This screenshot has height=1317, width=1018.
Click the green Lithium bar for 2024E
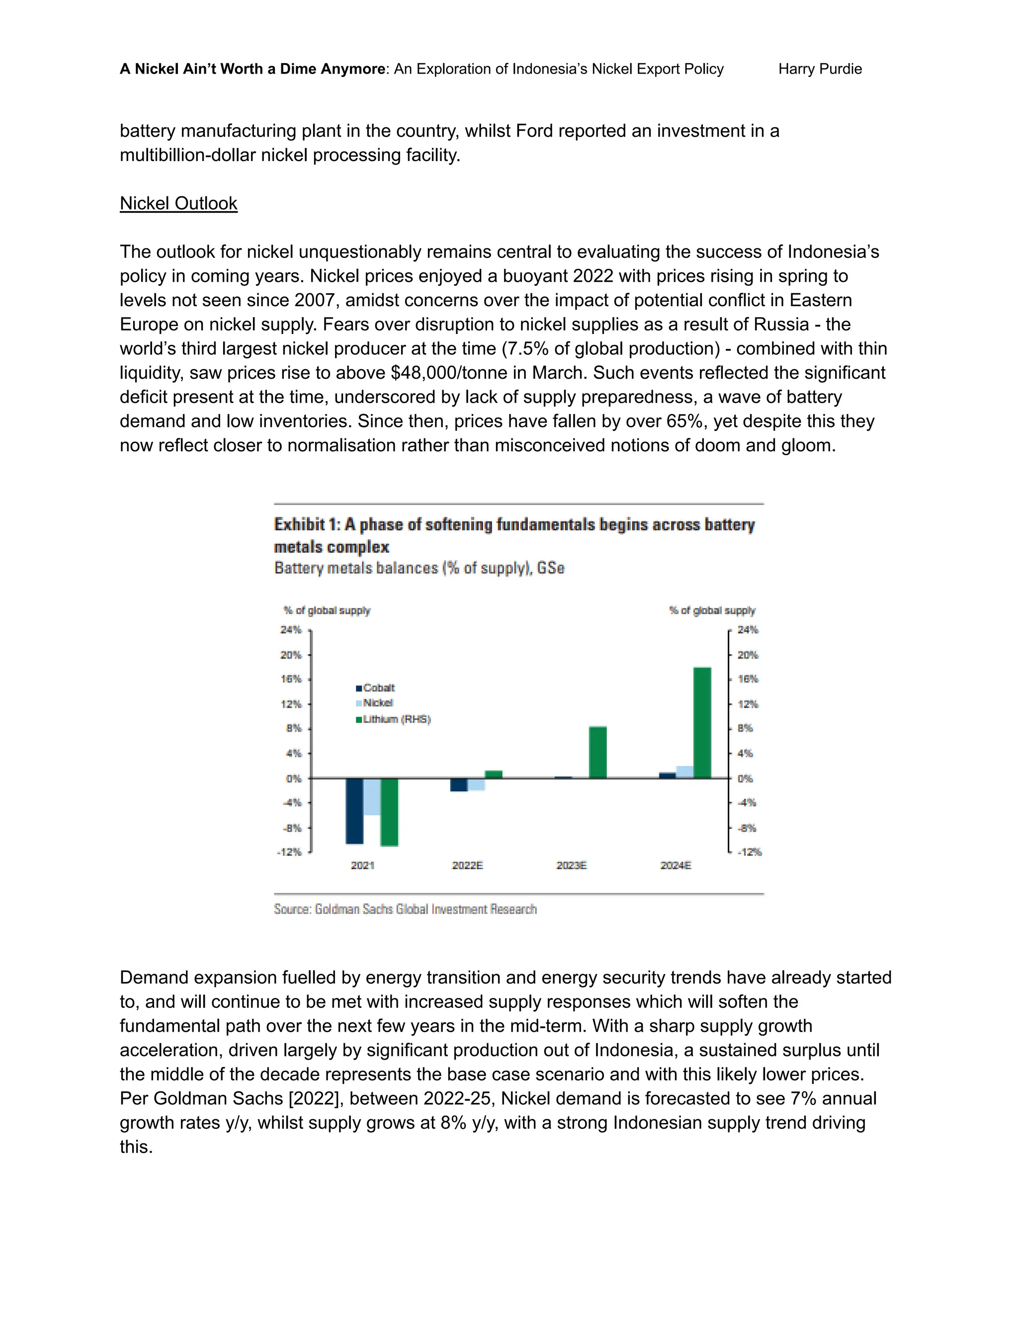(x=702, y=723)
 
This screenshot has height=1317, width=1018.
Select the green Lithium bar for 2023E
(x=597, y=752)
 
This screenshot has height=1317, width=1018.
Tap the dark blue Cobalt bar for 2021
(x=354, y=811)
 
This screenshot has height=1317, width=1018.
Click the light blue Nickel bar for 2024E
(x=684, y=772)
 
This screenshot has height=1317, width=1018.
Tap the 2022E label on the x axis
(x=467, y=865)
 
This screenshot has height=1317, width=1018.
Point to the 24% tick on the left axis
(x=291, y=630)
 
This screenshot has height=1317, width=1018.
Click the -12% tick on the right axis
(x=749, y=851)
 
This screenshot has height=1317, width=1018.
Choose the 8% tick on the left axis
(x=293, y=728)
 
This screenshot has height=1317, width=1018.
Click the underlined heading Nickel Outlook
(x=178, y=203)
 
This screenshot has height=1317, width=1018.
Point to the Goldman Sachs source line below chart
(x=405, y=909)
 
